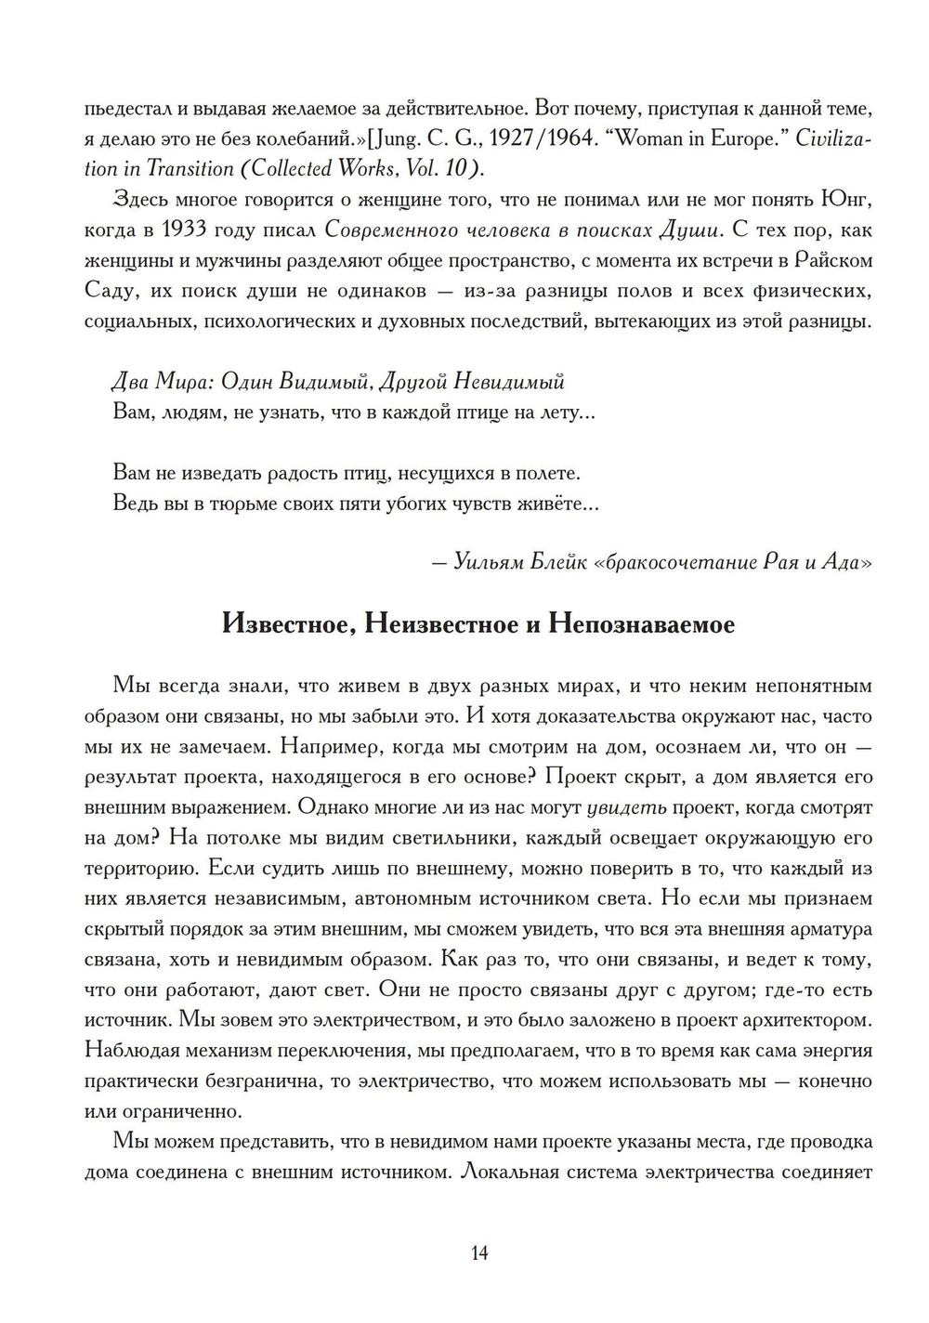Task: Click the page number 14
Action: (479, 1252)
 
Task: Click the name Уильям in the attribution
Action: (488, 563)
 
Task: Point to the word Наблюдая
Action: (130, 1050)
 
